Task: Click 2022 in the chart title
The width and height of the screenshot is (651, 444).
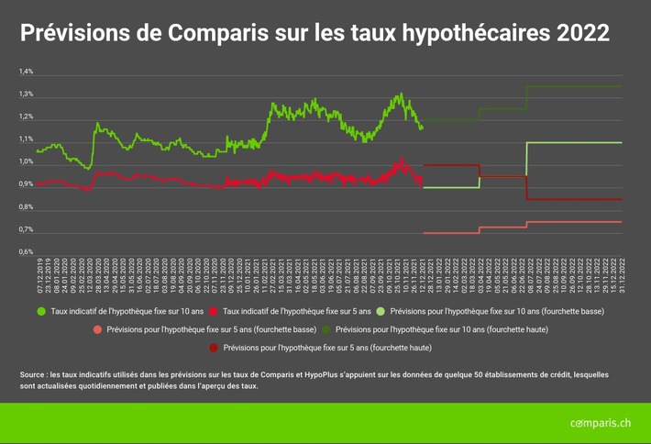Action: point(578,34)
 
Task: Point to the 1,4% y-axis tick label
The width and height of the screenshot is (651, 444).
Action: point(26,72)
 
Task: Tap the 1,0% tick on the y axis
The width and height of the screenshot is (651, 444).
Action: point(26,161)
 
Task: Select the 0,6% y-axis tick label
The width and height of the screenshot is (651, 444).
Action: point(26,251)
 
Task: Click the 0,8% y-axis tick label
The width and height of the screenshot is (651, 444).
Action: point(26,206)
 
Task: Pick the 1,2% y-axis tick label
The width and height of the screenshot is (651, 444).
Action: point(26,117)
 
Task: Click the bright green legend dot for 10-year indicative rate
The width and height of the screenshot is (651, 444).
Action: point(41,312)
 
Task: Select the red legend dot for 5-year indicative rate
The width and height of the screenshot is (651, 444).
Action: point(214,312)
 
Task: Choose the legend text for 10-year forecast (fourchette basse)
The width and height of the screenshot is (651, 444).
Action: point(496,312)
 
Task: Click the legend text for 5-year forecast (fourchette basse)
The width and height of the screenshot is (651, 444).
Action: point(212,329)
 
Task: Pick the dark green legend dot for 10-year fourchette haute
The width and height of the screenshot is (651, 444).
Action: point(325,329)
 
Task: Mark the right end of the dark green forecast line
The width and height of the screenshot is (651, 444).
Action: point(622,86)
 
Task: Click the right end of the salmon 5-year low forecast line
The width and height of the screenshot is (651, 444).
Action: point(622,222)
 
